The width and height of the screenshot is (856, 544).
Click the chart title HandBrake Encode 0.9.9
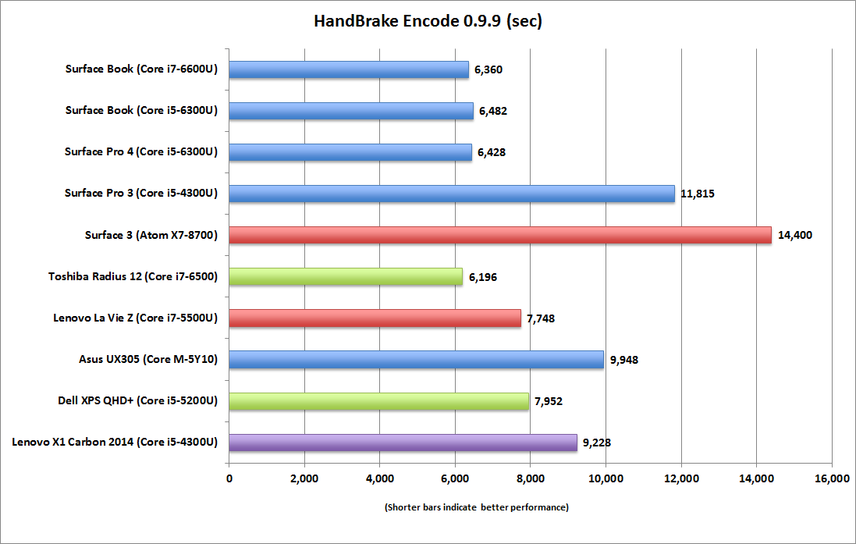(x=428, y=21)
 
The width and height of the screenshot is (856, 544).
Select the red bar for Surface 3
(x=500, y=234)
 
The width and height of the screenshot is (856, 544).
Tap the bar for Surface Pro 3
(x=452, y=194)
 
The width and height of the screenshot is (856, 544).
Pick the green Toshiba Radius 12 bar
(x=346, y=276)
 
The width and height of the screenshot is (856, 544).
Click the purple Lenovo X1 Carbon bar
(x=403, y=443)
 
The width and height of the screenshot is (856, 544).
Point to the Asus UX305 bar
(x=417, y=359)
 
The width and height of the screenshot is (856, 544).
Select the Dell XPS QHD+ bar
(x=379, y=401)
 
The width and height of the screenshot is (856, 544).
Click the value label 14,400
(x=795, y=235)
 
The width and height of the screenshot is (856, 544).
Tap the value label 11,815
(x=698, y=194)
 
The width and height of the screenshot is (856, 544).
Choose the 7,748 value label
(x=540, y=318)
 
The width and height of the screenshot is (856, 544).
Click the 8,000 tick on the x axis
(x=530, y=478)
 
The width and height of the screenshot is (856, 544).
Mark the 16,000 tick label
(x=831, y=478)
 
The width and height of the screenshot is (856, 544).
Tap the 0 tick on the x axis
(x=229, y=478)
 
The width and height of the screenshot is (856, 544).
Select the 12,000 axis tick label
(x=680, y=478)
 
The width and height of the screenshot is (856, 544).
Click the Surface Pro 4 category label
(x=140, y=152)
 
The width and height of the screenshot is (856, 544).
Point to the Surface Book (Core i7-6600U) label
(x=141, y=69)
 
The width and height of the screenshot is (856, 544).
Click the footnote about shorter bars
(x=476, y=507)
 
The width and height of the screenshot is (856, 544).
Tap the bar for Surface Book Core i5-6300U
(x=351, y=111)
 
